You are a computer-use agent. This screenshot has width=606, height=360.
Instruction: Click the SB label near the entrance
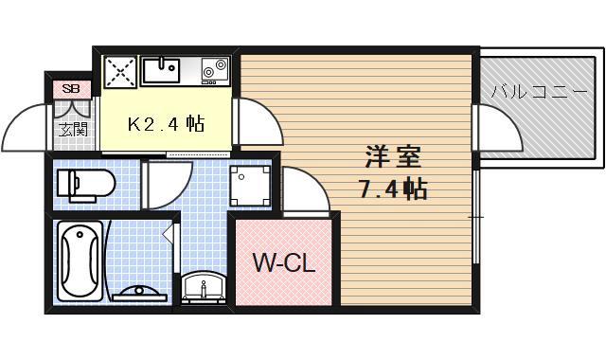tap(70, 90)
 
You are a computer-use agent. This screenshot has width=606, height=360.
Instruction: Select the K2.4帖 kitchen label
tap(167, 123)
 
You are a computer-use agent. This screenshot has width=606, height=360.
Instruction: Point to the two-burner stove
tap(213, 68)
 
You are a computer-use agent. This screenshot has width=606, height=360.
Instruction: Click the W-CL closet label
tap(282, 261)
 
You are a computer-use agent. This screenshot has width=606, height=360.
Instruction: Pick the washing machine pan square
tap(252, 185)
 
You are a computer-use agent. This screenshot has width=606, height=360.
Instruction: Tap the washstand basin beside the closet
tap(203, 287)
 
